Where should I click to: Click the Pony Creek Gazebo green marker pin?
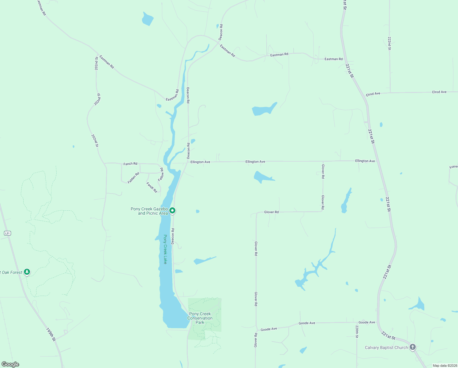172,210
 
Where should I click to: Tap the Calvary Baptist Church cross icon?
413,347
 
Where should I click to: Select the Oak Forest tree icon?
27,272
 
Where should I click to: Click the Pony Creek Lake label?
165,249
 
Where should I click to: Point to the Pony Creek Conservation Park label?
200,318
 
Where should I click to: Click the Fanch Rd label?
130,164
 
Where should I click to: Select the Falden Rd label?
133,178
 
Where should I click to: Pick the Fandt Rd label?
152,187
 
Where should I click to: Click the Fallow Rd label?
161,174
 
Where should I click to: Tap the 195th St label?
51,335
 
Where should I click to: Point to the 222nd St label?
389,44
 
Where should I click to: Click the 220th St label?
357,332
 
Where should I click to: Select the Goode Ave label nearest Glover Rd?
269,329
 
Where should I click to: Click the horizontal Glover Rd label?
271,212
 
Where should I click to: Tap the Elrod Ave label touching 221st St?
373,94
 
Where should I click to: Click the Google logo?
10,364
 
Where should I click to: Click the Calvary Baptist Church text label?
386,347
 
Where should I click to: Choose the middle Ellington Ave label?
255,162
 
